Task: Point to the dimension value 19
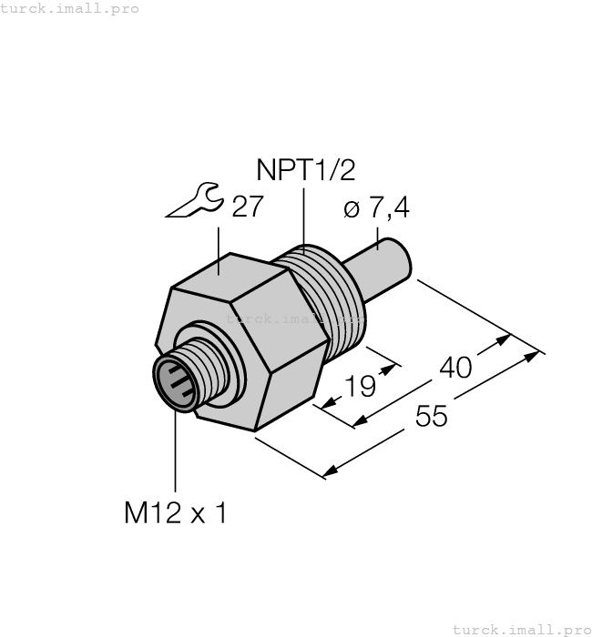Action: (x=361, y=387)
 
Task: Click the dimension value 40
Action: (x=455, y=367)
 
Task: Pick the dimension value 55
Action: (x=432, y=417)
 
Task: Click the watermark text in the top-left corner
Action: (x=70, y=8)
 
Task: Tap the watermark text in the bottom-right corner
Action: (x=522, y=629)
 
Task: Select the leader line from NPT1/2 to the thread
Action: (x=302, y=218)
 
